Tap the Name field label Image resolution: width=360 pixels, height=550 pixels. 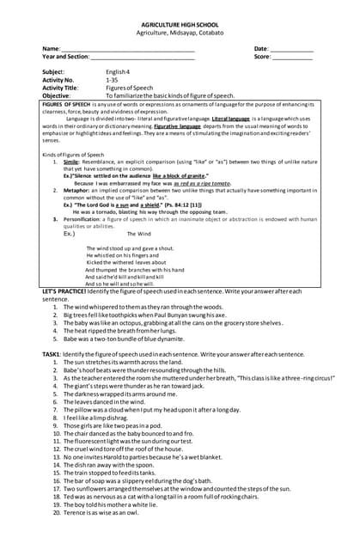[51, 49]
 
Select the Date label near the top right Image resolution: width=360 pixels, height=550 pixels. [261, 49]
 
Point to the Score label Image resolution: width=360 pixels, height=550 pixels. [262, 57]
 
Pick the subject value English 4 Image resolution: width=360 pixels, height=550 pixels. [118, 71]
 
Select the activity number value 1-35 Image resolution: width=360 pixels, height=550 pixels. [112, 79]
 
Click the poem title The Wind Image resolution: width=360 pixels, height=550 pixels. [138, 234]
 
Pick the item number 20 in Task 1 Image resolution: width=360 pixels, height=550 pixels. [57, 512]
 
